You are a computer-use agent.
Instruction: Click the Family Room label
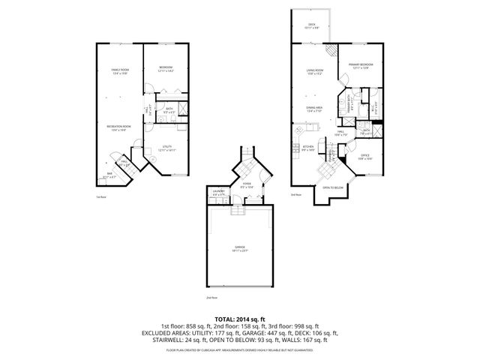click(121, 70)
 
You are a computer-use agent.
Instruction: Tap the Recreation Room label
click(121, 127)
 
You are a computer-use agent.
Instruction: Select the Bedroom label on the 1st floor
click(166, 68)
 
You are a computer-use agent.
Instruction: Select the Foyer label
click(246, 183)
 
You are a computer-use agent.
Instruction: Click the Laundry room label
click(219, 193)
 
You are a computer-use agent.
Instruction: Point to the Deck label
click(312, 25)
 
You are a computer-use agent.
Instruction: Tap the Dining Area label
click(313, 108)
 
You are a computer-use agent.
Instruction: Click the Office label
click(364, 157)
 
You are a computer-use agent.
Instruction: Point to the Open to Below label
click(332, 187)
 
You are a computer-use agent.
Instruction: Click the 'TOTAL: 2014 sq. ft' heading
click(240, 319)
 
